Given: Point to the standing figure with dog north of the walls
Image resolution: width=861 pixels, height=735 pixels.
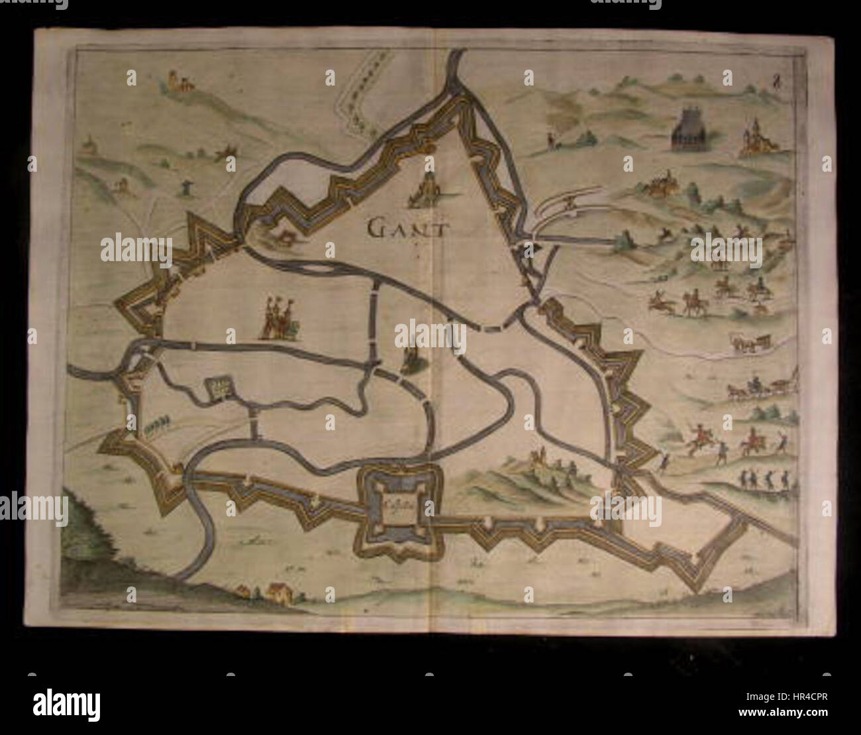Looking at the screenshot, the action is point(551,139).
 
